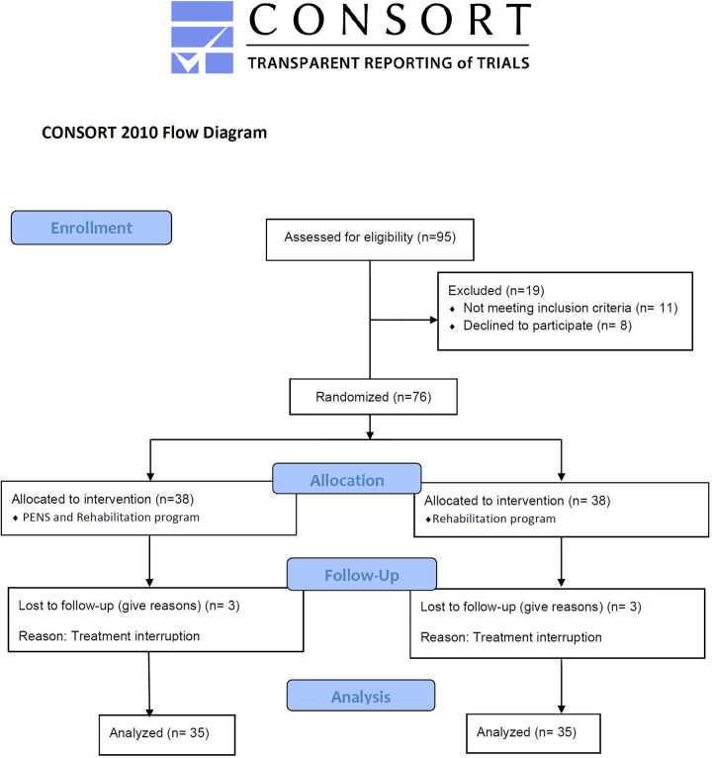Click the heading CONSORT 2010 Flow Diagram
(154, 133)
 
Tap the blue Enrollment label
(91, 228)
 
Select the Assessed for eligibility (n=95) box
(369, 237)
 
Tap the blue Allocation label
(346, 480)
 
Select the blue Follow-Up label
(346, 574)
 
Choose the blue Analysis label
(360, 696)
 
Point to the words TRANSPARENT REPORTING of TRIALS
(388, 62)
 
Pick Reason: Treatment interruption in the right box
(511, 636)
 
